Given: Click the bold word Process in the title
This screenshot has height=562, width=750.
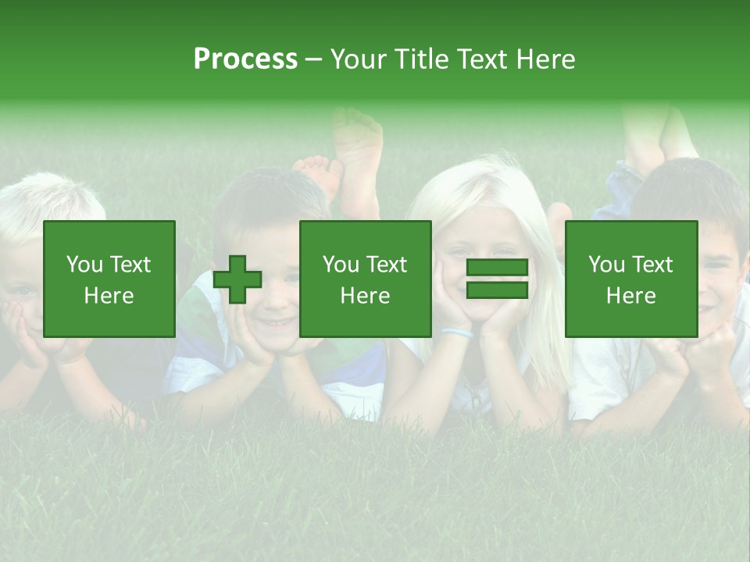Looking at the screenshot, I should point(245,59).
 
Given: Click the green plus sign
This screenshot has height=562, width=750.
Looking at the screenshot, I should point(237,279).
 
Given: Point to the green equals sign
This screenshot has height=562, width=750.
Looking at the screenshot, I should point(497,279).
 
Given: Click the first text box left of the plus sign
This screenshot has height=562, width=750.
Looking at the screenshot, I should point(109,279).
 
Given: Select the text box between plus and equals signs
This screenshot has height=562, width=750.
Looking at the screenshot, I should point(365,279).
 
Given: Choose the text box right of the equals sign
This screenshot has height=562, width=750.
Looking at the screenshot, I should point(630,279).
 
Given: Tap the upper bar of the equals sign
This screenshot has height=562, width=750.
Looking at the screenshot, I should point(497,268).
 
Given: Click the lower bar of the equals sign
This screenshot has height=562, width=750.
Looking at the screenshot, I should point(497,290).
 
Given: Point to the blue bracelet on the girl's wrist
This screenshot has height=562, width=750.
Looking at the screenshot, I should point(457,333).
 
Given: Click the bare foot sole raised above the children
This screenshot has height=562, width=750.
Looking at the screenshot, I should point(359,156).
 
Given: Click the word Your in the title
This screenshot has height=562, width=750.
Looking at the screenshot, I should point(359,59).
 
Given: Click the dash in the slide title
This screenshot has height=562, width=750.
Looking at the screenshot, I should point(313,59).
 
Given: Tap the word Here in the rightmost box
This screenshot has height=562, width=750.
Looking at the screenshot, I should point(630,296).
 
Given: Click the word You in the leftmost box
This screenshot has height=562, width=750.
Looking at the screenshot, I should point(84,265).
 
